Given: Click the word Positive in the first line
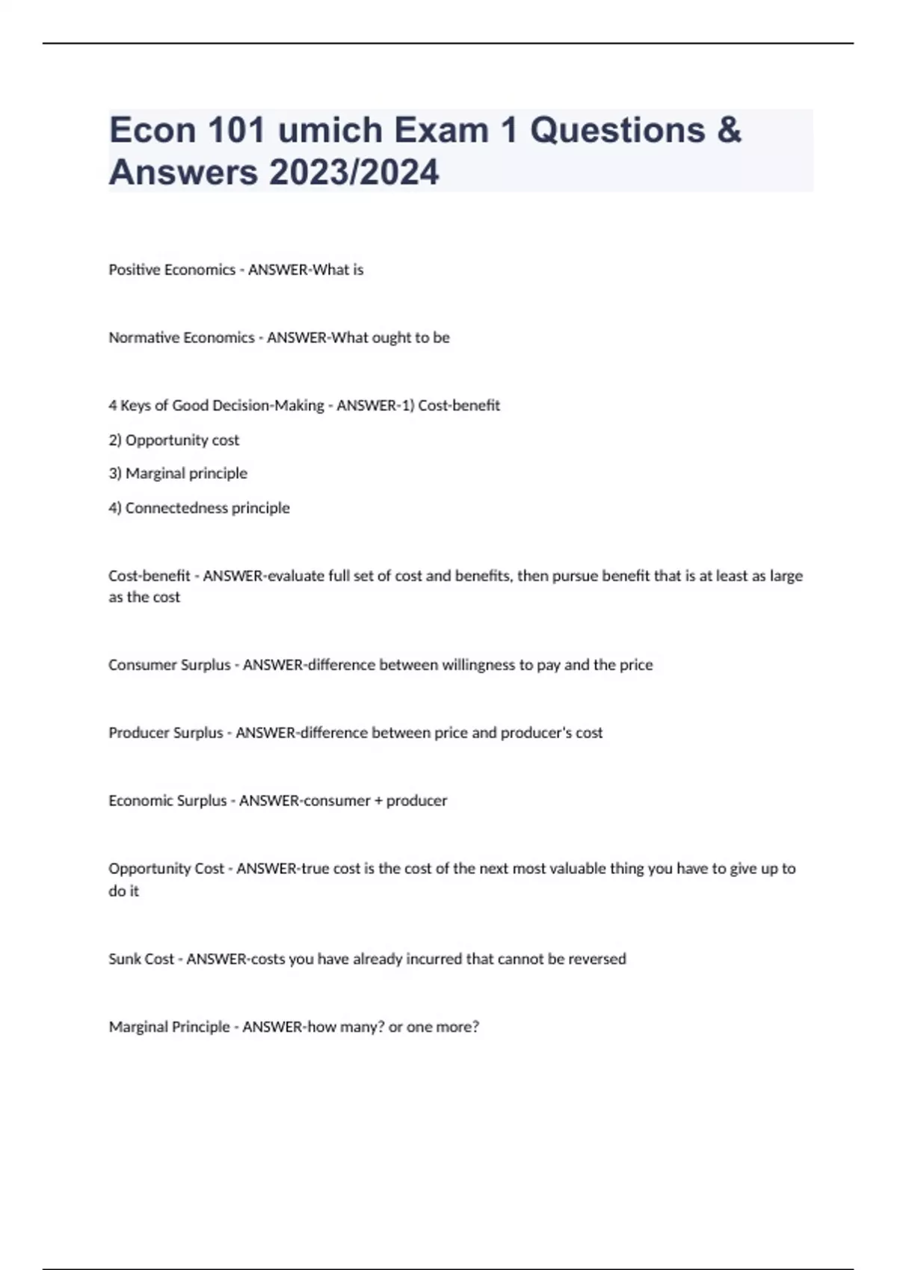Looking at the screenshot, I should point(135,270).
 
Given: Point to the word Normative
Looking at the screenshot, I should point(144,338).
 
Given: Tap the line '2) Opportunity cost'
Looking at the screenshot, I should point(173,440).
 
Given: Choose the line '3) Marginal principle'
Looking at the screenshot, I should point(178,474).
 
